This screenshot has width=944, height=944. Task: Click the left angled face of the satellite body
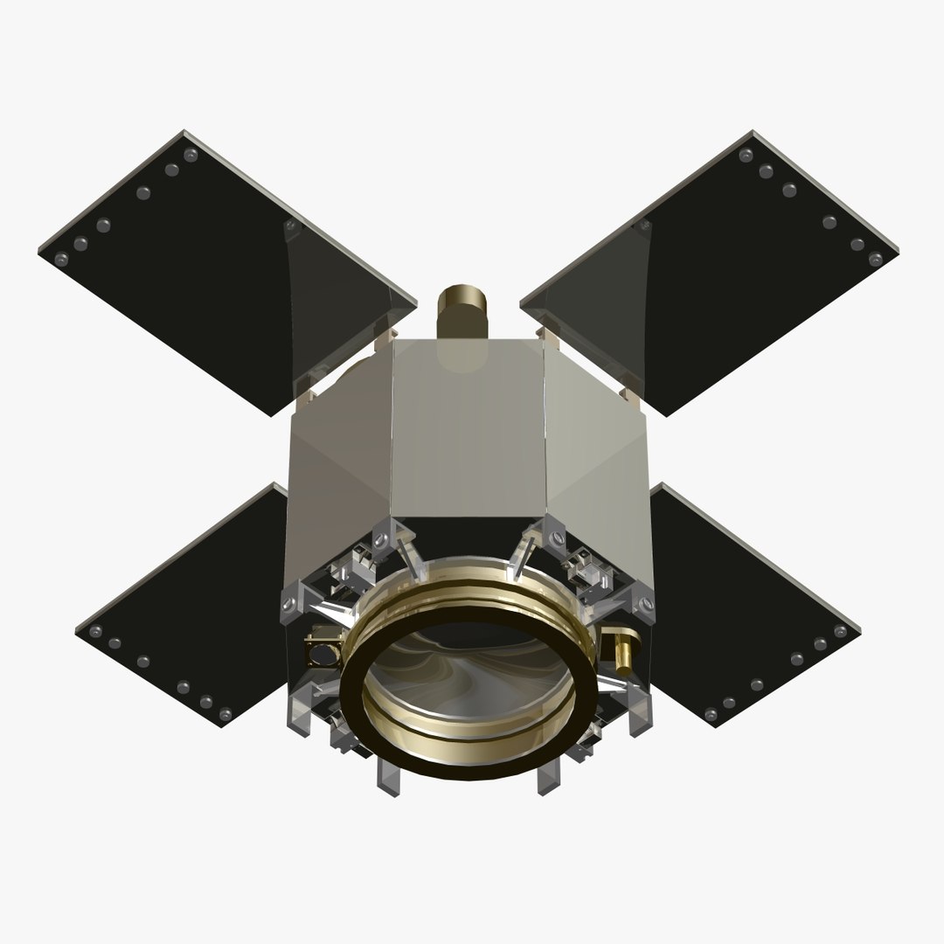[341, 455]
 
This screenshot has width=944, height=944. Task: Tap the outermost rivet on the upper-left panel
[60, 259]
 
